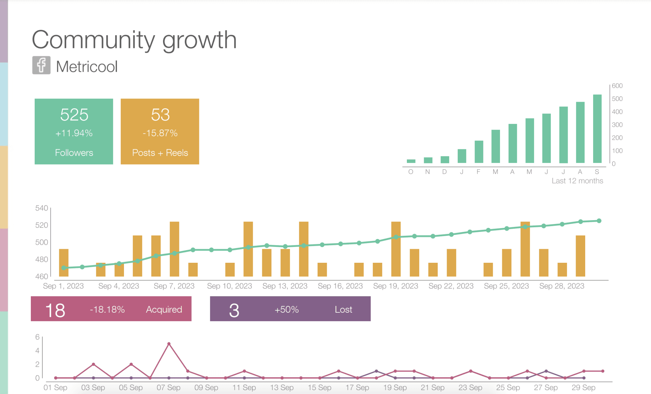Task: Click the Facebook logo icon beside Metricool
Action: tap(41, 65)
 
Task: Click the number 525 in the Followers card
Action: tap(74, 115)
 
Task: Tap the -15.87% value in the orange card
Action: tap(160, 133)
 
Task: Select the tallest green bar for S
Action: tap(597, 129)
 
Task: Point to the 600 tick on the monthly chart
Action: tap(617, 86)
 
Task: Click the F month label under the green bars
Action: tap(478, 172)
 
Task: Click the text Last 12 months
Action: tap(577, 181)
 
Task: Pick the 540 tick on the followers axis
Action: tap(42, 208)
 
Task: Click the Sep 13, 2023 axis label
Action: tap(285, 286)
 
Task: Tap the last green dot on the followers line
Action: tap(599, 221)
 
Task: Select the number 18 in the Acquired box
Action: tap(55, 310)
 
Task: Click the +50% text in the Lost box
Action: tap(286, 309)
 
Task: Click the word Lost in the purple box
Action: tap(343, 309)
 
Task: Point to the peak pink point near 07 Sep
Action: tap(169, 344)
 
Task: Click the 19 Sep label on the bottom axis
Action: tap(395, 388)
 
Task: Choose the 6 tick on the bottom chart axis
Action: tap(38, 337)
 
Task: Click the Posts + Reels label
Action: tap(160, 153)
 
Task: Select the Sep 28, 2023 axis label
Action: tap(562, 286)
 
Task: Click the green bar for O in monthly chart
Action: tap(411, 161)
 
